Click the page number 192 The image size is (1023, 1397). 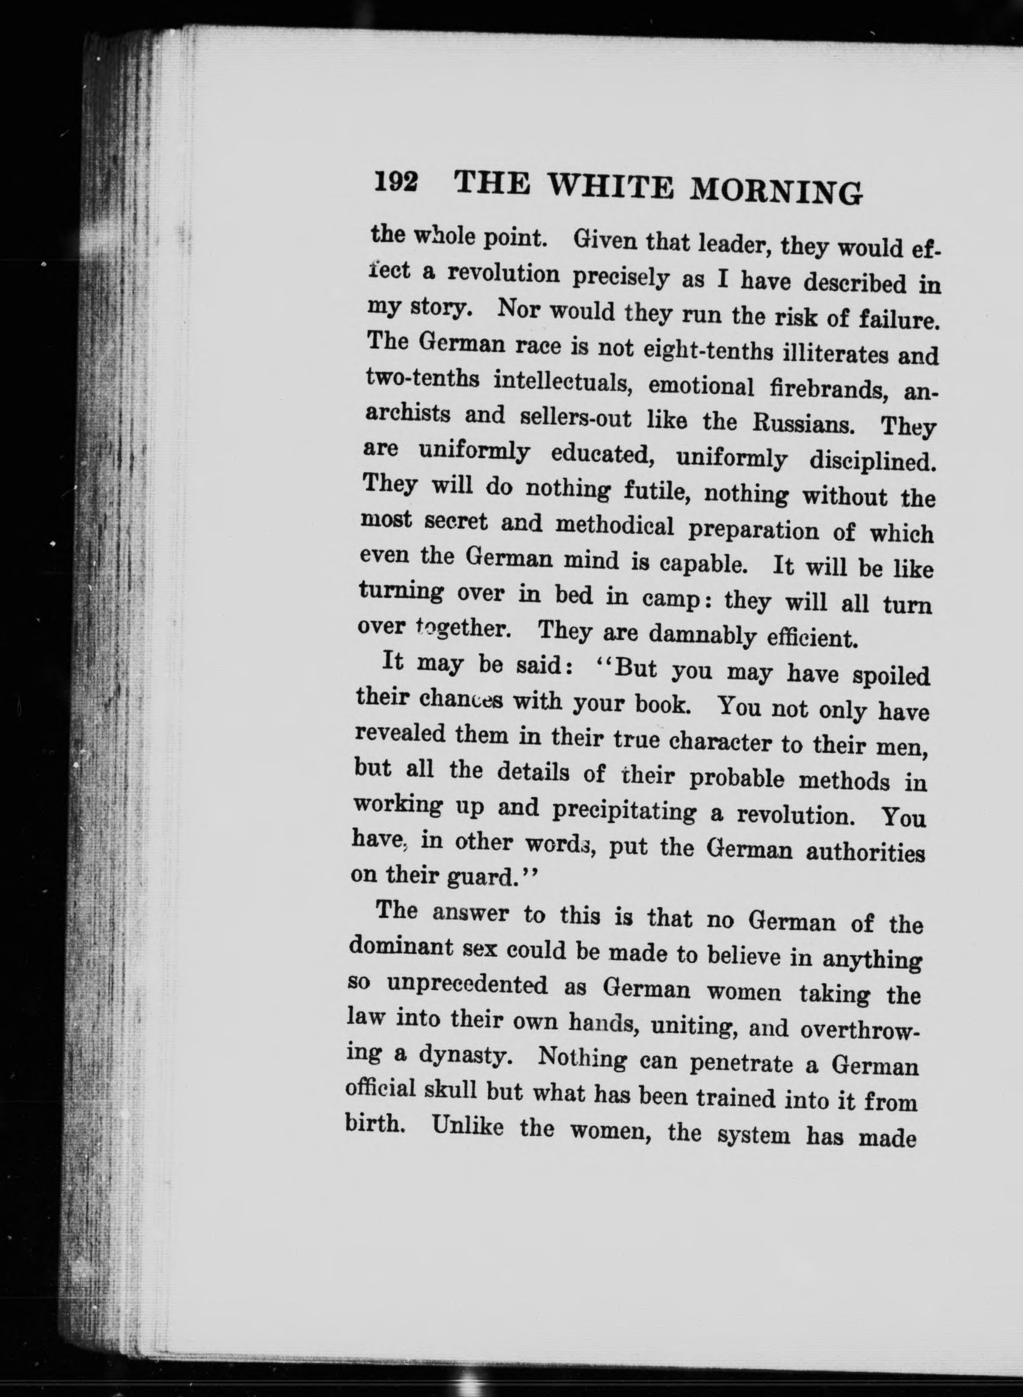396,183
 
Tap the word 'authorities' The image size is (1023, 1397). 865,853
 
